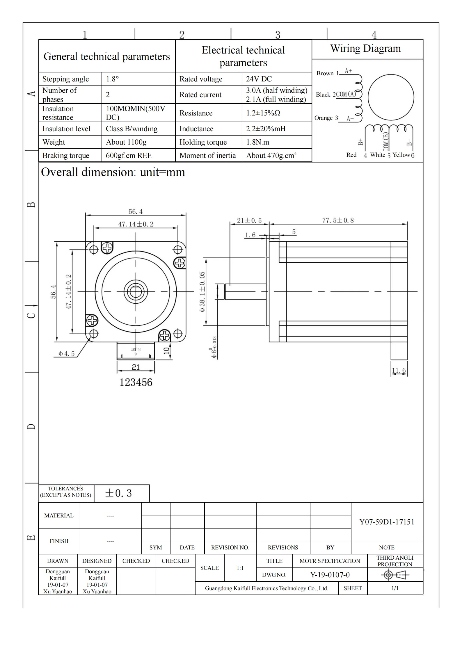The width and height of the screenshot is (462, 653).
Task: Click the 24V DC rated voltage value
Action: (259, 79)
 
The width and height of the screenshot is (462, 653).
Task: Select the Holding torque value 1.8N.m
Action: (257, 142)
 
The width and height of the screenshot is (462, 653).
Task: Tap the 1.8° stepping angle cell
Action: (112, 79)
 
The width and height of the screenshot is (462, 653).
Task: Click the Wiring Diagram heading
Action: (365, 48)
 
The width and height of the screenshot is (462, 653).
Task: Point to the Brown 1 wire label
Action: (327, 73)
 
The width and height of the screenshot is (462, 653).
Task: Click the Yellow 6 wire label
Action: (403, 155)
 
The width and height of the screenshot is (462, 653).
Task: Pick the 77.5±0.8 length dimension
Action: (338, 220)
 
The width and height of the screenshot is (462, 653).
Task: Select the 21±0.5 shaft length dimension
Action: (249, 220)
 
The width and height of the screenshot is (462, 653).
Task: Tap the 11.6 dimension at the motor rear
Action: (399, 370)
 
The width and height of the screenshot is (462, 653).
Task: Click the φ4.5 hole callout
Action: (67, 353)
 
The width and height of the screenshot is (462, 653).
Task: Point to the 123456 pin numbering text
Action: (136, 382)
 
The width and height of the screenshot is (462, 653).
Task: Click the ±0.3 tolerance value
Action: (118, 493)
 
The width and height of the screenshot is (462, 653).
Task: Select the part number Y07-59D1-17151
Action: (387, 522)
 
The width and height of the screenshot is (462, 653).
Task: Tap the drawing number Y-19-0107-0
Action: (330, 575)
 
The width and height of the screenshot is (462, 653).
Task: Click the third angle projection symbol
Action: (395, 575)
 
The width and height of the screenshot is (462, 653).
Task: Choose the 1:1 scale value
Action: (240, 568)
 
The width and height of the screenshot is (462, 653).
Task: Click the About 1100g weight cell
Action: (126, 142)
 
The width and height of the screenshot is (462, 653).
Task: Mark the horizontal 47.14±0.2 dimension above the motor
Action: (136, 224)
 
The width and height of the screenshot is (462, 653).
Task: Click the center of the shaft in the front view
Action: (136, 291)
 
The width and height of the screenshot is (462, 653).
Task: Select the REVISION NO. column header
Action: (230, 547)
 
